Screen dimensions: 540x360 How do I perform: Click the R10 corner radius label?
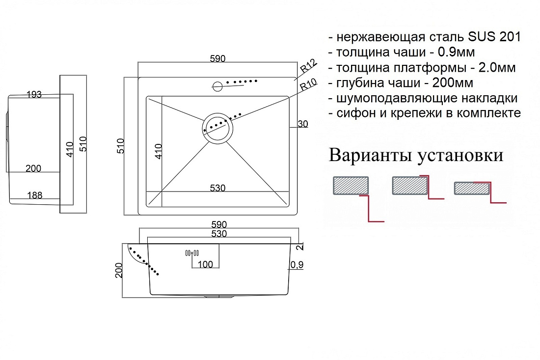tap(308, 85)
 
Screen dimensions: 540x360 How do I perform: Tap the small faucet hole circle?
tap(217, 86)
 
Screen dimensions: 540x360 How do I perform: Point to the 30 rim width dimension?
tap(302, 124)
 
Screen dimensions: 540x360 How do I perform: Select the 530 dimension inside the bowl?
tap(217, 188)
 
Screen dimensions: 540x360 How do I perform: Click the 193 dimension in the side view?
tap(34, 94)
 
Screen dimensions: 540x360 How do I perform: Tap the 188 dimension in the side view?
tap(34, 195)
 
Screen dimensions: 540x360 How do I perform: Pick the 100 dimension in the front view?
tap(205, 264)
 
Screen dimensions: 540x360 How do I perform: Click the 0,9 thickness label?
tap(297, 265)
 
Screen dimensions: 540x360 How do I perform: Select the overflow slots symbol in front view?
tap(192, 253)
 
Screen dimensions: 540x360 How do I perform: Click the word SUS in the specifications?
tap(481, 36)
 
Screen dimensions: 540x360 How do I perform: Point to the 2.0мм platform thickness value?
tap(497, 67)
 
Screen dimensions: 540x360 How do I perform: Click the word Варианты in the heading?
tap(371, 155)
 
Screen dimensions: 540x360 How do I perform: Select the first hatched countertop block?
tap(351, 186)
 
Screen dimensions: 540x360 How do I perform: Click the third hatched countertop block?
tap(472, 188)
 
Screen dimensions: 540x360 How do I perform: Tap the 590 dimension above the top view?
tap(217, 58)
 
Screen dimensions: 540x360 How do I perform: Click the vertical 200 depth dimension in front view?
tap(119, 271)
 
